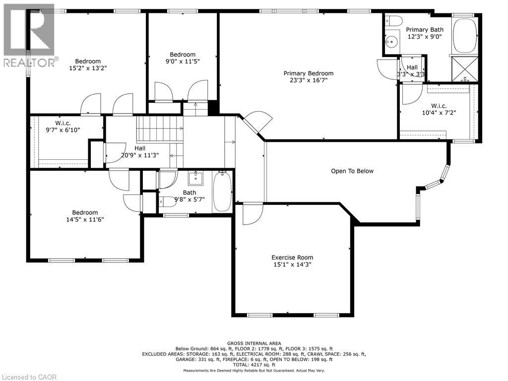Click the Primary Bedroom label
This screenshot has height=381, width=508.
(309, 73)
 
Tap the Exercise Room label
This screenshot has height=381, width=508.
(292, 257)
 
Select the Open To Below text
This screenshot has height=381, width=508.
(352, 171)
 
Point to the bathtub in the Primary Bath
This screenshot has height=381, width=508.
(464, 35)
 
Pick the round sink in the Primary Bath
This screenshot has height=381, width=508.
(392, 42)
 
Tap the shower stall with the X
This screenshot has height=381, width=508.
(465, 69)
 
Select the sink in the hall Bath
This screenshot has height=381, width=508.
(195, 179)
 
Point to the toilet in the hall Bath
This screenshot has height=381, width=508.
(166, 201)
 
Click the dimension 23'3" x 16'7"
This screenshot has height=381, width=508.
(309, 80)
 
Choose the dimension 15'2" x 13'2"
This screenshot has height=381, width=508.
(88, 68)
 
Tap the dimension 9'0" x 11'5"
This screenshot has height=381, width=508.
(183, 61)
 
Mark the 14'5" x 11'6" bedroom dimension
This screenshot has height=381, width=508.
(85, 219)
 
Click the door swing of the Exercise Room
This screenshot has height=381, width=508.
(253, 214)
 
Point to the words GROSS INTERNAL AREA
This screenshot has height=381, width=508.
(254, 343)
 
